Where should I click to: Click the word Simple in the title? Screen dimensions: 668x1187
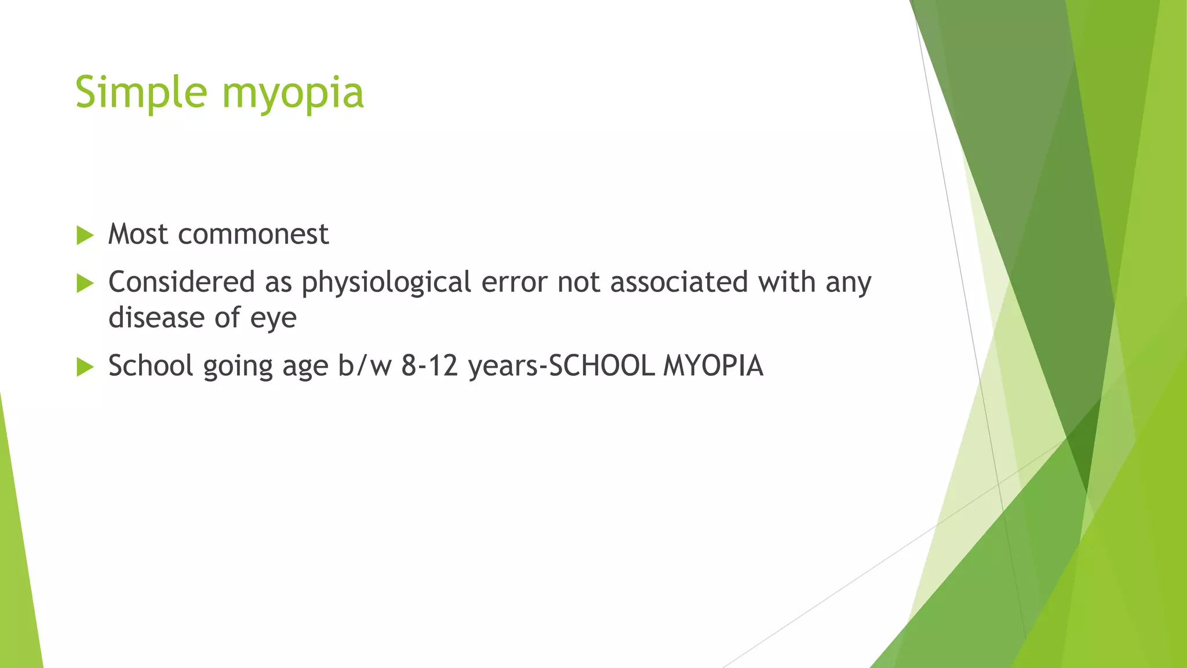(141, 93)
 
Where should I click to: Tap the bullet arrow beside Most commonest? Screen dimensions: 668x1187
(85, 235)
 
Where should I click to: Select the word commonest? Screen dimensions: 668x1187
(253, 234)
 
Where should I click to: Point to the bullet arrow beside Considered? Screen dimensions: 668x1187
(85, 284)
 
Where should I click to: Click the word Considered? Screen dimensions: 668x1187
(181, 282)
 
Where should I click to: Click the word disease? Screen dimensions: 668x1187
(156, 318)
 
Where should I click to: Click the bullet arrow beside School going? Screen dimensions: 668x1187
(85, 366)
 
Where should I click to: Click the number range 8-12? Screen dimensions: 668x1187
(430, 366)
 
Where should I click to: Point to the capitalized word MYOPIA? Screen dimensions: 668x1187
(713, 366)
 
